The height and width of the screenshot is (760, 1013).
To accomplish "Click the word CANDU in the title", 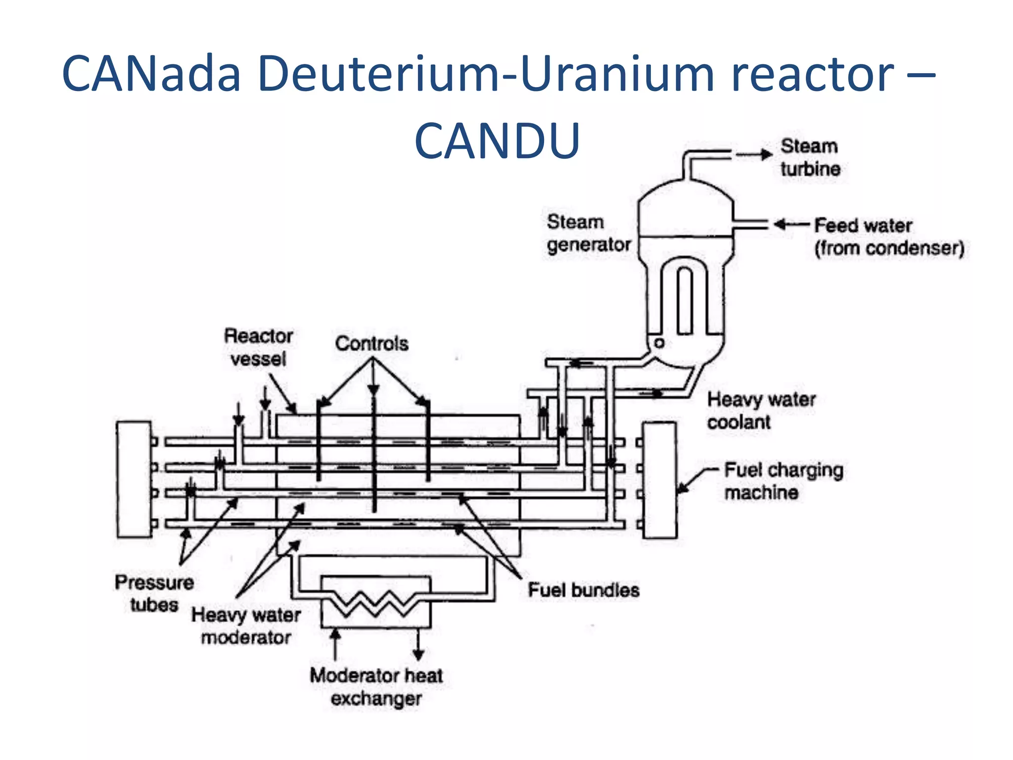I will point(497,141).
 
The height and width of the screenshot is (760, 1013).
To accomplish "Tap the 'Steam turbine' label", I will point(810,157).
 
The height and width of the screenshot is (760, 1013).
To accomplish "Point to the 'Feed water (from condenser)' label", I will point(889,237).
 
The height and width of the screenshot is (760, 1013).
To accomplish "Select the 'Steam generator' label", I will point(588,233).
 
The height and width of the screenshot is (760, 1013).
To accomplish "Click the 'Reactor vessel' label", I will point(258,347).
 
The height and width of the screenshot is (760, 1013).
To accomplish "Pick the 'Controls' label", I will point(371,343).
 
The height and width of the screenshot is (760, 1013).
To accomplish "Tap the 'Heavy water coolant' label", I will point(761,410).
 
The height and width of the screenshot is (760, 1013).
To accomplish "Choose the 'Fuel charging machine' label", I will point(783,480).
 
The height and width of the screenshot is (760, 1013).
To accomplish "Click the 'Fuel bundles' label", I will point(583,590).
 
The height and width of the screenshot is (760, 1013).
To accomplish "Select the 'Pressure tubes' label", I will point(154,593).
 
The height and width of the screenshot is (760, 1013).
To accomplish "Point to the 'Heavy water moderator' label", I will point(246,625).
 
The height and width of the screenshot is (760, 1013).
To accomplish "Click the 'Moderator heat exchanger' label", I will point(376,687).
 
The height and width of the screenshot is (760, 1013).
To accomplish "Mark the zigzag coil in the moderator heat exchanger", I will point(376,604).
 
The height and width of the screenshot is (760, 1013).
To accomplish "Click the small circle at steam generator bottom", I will point(659,343).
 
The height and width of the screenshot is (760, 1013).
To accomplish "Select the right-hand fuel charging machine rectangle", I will point(659,479).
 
